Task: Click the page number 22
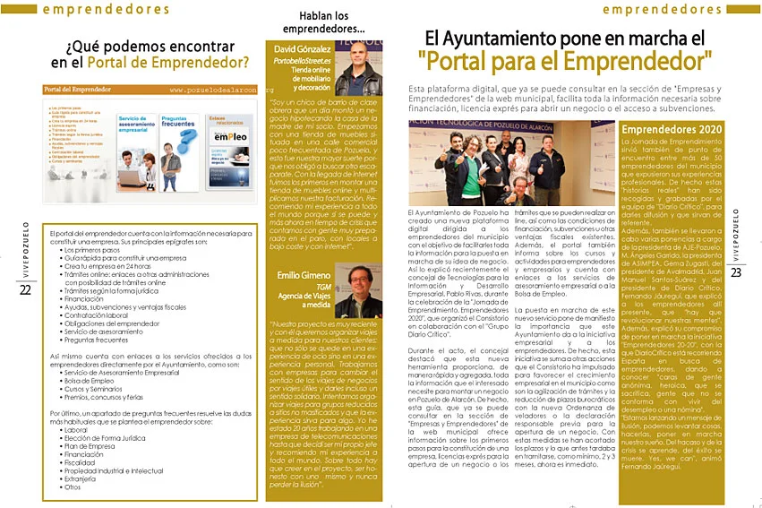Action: tap(25, 289)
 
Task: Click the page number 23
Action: tap(736, 272)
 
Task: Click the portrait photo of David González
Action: tap(357, 70)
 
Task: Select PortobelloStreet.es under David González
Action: tap(303, 59)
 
